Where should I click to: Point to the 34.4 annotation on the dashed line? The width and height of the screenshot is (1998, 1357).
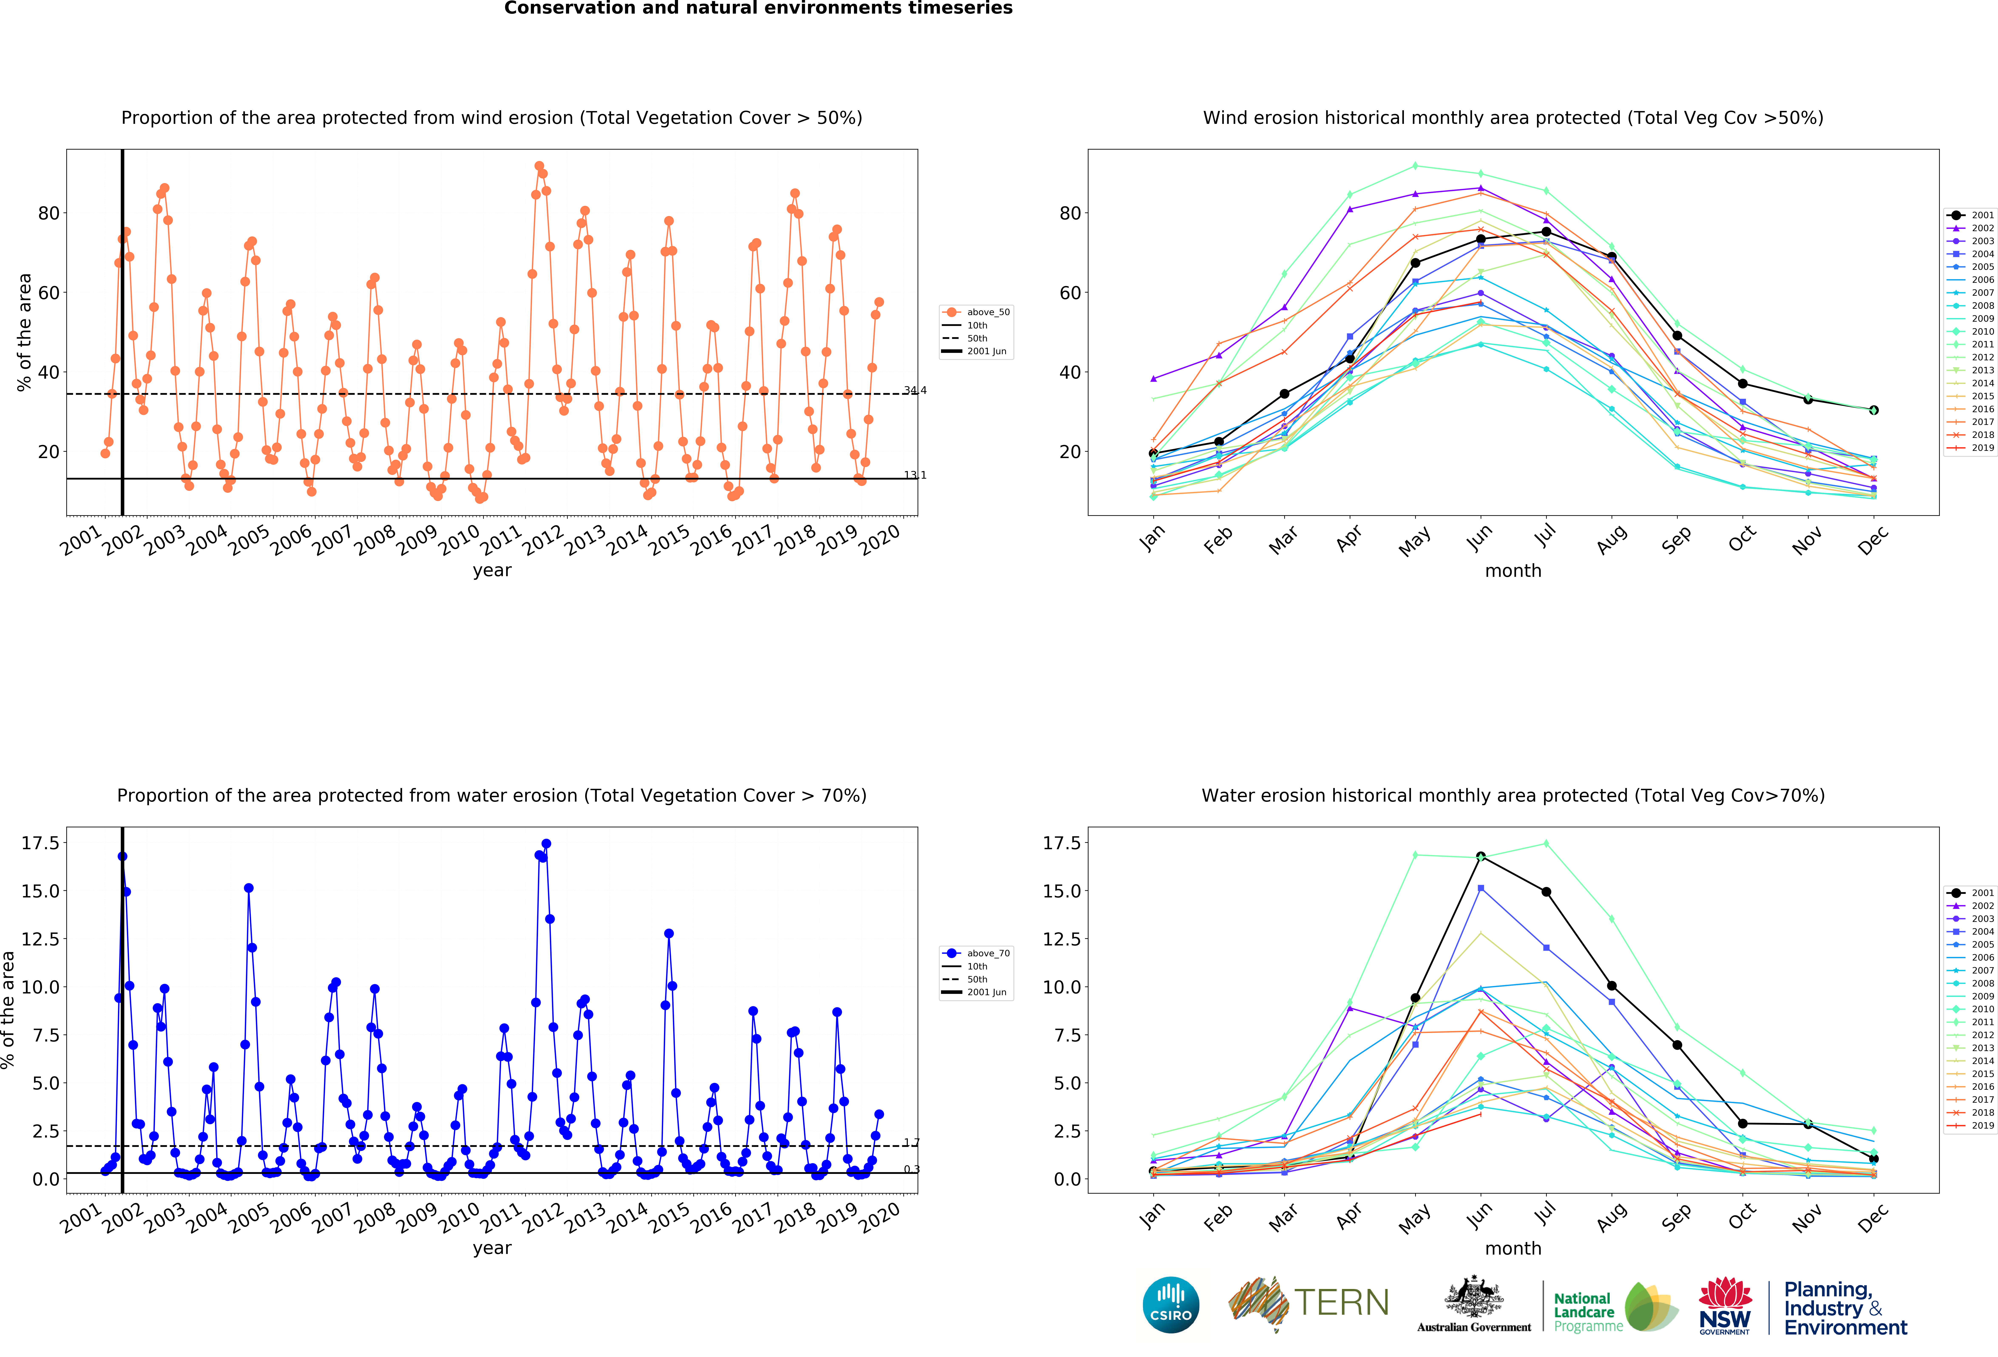click(x=915, y=390)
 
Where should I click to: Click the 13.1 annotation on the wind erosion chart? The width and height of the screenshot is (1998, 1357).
click(x=915, y=475)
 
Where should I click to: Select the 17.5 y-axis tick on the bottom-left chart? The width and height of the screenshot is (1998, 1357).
click(x=40, y=843)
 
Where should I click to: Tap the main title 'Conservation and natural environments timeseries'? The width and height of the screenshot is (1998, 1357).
click(x=758, y=8)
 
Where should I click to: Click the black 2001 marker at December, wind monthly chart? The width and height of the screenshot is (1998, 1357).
click(x=1873, y=410)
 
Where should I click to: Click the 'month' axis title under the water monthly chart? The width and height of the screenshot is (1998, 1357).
click(x=1513, y=1248)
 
